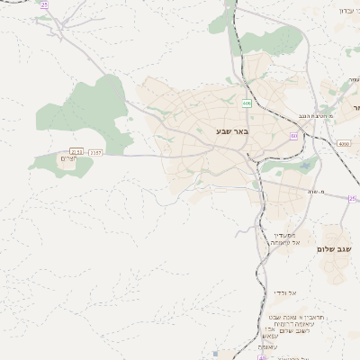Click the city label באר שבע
[231, 132]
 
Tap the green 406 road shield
[246, 103]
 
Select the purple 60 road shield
[294, 136]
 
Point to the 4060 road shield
[344, 143]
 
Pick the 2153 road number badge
[76, 152]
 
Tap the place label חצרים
[67, 159]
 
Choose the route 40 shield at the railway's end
[262, 357]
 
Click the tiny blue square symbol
[215, 354]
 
